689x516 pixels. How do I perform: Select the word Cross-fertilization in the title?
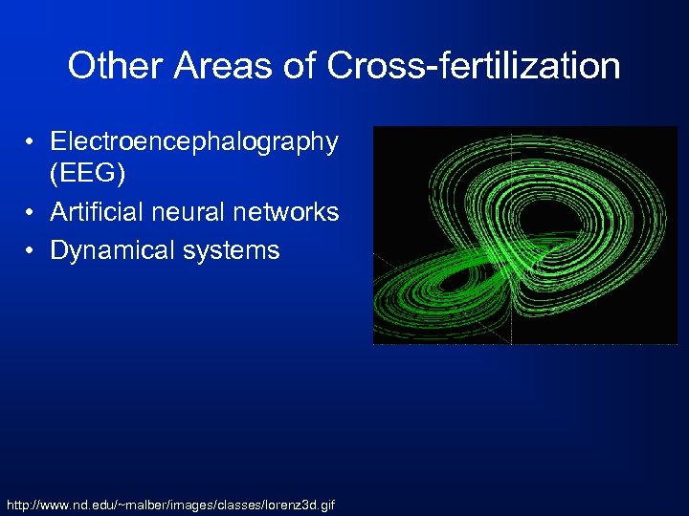click(475, 66)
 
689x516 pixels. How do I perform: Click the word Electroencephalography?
click(194, 141)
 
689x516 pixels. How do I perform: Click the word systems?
click(232, 250)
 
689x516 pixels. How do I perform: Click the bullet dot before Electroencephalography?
click(32, 142)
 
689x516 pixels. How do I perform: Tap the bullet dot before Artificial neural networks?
click(32, 212)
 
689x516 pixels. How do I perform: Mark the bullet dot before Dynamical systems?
click(32, 251)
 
